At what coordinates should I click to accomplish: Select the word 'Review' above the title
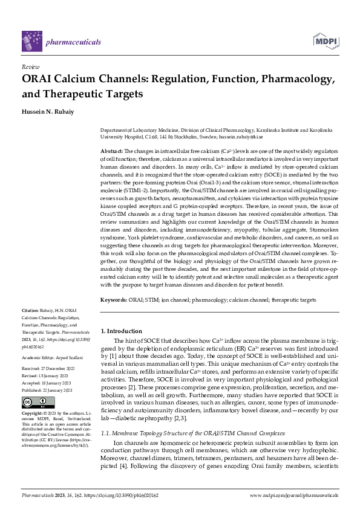30,68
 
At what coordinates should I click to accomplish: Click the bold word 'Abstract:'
112,150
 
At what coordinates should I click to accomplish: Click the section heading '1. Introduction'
121,331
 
